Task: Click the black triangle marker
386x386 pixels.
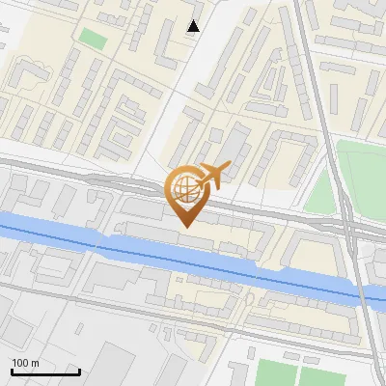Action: click(194, 26)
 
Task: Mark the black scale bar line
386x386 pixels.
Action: click(44, 372)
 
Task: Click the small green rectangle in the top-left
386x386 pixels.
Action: click(93, 38)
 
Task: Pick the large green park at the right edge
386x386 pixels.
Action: click(363, 174)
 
